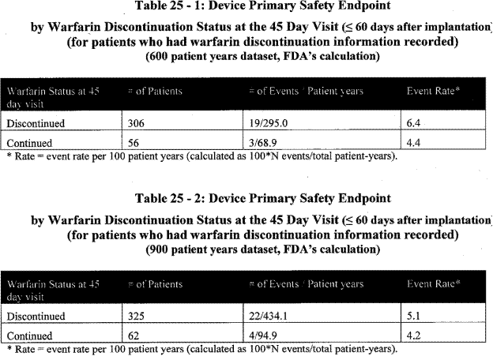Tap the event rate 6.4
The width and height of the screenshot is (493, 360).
pyautogui.click(x=414, y=124)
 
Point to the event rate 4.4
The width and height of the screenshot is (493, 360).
pyautogui.click(x=414, y=143)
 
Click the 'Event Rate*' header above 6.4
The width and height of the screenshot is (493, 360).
pyautogui.click(x=430, y=91)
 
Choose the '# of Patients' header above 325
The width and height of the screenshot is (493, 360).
pyautogui.click(x=156, y=282)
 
